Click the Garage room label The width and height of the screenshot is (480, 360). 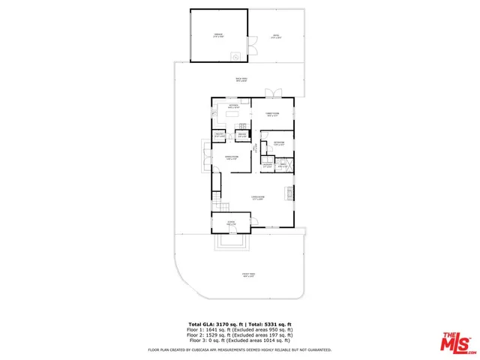click(x=218, y=35)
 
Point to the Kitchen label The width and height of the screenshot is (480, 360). click(x=233, y=106)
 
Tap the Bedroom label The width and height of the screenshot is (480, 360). click(x=278, y=143)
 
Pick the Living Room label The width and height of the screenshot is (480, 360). click(x=257, y=198)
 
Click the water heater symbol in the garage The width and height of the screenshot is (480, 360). click(x=235, y=56)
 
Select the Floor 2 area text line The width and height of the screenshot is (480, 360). click(x=240, y=334)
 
